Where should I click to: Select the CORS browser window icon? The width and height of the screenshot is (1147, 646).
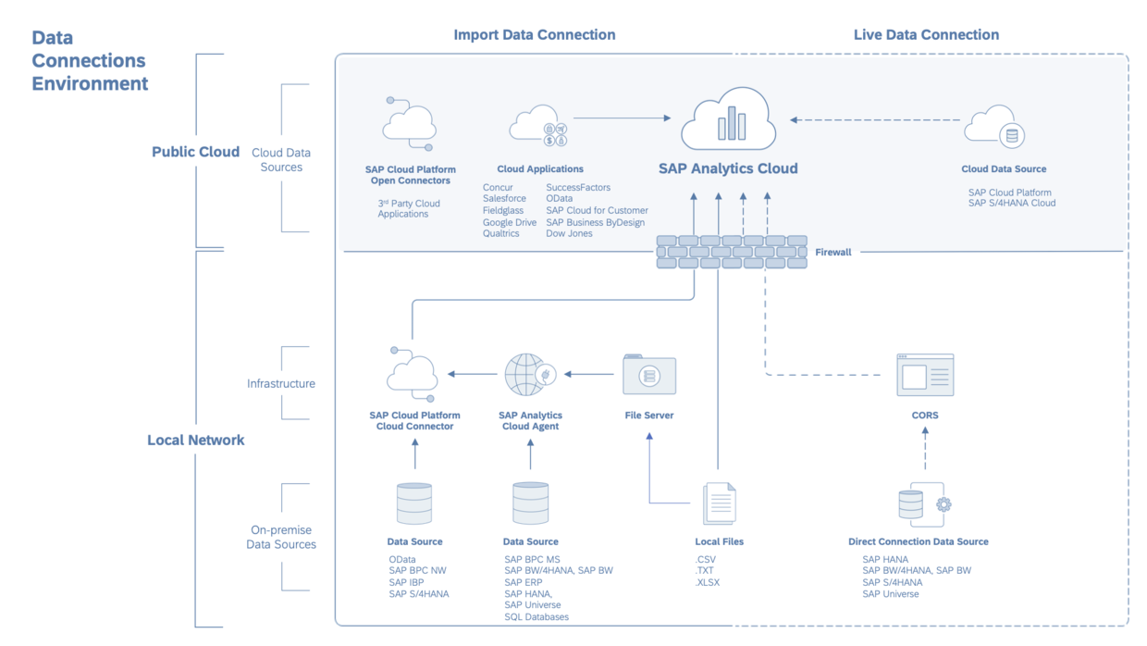tap(925, 375)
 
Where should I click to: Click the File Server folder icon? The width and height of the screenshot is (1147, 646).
tap(649, 374)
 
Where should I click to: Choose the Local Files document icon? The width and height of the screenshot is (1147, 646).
tap(719, 503)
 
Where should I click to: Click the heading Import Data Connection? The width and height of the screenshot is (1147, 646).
tap(534, 35)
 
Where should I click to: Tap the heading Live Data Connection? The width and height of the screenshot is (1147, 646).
tap(926, 35)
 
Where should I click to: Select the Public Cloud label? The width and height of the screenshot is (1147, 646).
tap(195, 152)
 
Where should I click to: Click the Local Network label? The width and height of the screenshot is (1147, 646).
tap(196, 440)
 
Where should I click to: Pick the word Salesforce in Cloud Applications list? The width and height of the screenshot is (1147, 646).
tap(504, 199)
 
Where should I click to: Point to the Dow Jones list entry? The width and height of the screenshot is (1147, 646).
tap(569, 233)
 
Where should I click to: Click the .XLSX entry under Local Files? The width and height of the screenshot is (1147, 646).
tap(708, 582)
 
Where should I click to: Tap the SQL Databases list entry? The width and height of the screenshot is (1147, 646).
tap(536, 616)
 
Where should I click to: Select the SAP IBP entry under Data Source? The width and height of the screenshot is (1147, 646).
tap(406, 582)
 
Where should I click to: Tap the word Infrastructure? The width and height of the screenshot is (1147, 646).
tap(281, 383)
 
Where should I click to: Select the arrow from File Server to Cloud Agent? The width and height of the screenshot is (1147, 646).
tap(589, 374)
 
